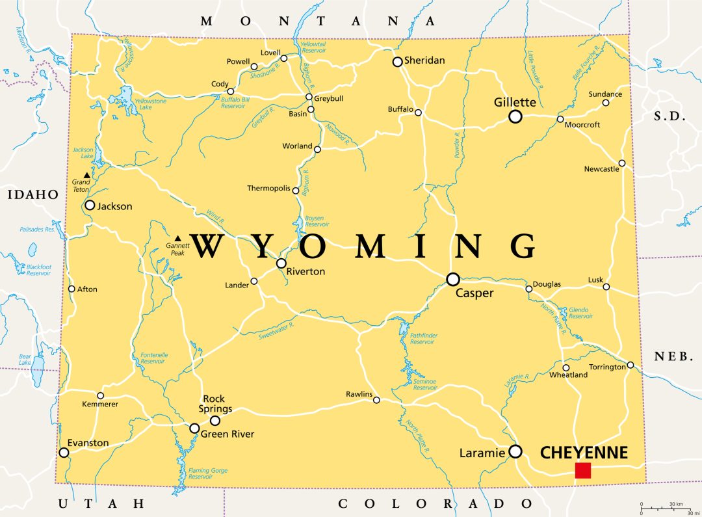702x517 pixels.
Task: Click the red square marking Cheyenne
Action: pyautogui.click(x=583, y=470)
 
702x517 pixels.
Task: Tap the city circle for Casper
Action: pyautogui.click(x=453, y=279)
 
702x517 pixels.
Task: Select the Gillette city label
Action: pyautogui.click(x=515, y=102)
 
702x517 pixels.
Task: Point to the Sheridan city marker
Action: pyautogui.click(x=397, y=62)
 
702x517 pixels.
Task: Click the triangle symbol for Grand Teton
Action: pyautogui.click(x=87, y=175)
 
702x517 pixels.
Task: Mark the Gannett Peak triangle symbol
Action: pyautogui.click(x=178, y=238)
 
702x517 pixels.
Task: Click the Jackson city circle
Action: pyautogui.click(x=90, y=205)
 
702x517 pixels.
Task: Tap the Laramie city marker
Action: pyautogui.click(x=515, y=451)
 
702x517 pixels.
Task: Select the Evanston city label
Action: pyautogui.click(x=88, y=443)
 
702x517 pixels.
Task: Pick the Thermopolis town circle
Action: pyautogui.click(x=296, y=191)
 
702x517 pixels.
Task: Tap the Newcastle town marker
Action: pyautogui.click(x=622, y=163)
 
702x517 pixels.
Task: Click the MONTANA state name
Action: pyautogui.click(x=318, y=21)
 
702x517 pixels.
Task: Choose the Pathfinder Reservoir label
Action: pyautogui.click(x=422, y=338)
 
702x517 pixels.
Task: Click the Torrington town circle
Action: pyautogui.click(x=630, y=365)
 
